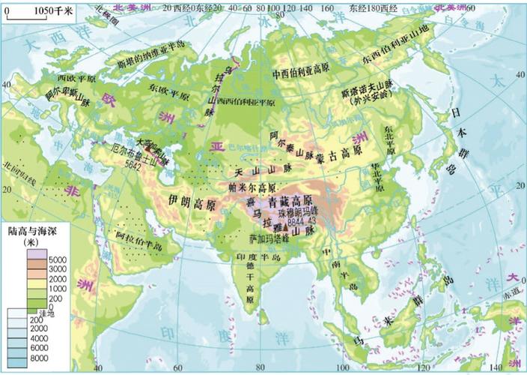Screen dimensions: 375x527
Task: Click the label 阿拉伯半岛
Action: [138, 239]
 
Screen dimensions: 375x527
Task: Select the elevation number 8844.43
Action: [302, 223]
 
